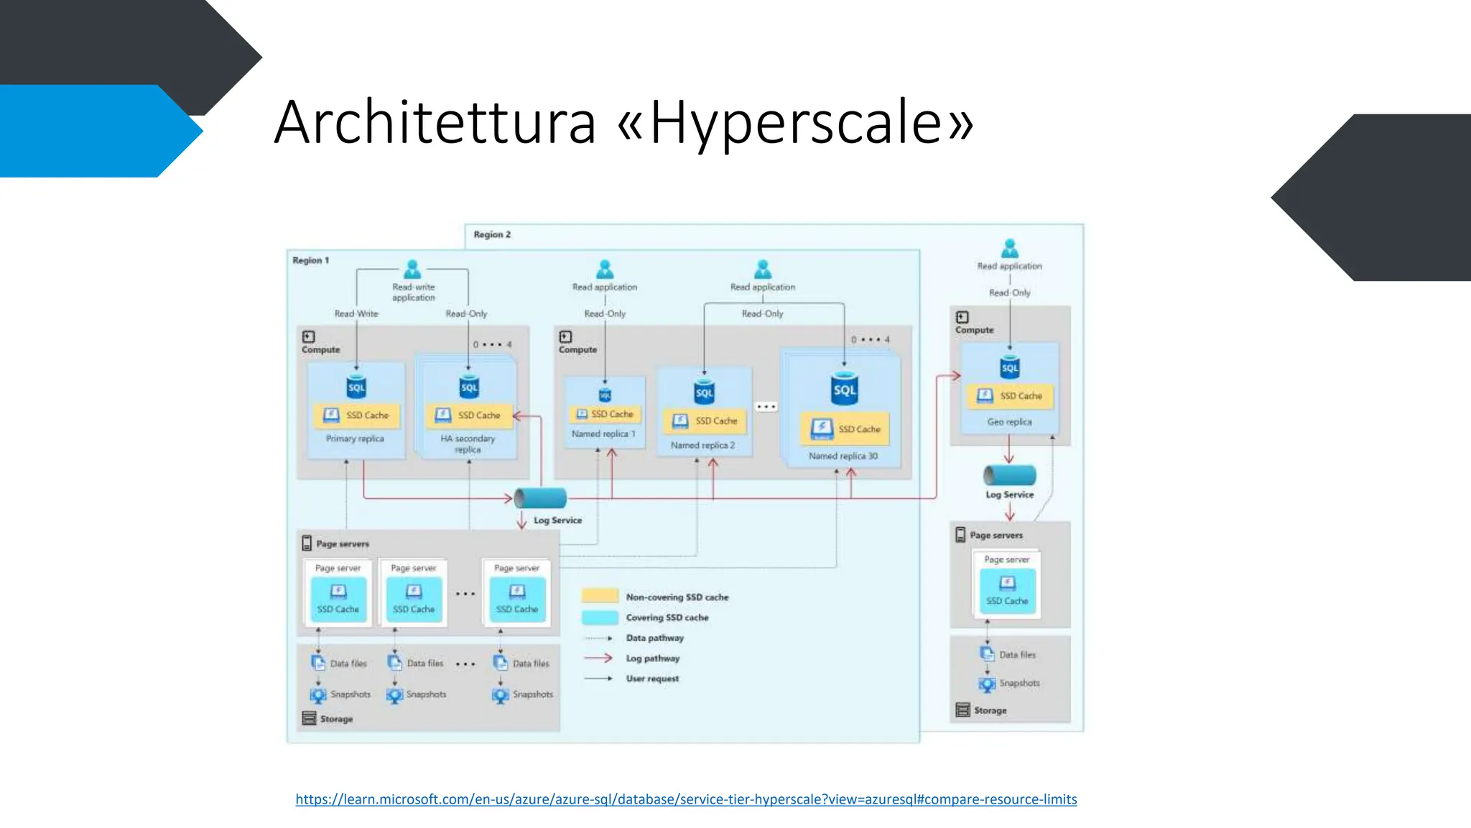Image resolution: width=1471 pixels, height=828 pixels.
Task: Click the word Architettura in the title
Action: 435,123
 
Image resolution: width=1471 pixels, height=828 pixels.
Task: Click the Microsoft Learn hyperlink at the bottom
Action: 686,799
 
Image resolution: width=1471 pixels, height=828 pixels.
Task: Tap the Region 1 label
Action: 310,260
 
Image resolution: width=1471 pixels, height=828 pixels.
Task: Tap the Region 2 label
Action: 492,234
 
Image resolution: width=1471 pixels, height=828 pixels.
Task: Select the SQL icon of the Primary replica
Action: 356,387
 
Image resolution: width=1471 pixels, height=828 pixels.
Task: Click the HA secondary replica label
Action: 468,443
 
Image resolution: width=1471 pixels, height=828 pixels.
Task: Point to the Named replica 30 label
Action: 843,456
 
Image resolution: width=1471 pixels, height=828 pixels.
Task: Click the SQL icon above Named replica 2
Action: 705,392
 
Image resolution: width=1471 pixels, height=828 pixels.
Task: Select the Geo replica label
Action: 1009,422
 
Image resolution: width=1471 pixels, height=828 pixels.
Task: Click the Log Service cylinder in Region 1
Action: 540,497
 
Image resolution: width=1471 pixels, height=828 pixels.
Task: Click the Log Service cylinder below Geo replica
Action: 1009,475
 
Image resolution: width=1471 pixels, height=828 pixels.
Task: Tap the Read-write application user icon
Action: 412,270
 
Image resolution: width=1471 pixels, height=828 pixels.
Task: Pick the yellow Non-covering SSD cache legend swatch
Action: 600,596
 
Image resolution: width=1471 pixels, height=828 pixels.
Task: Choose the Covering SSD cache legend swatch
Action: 600,617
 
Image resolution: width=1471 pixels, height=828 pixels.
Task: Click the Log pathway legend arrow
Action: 598,658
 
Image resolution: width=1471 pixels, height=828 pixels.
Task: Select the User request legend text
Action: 652,678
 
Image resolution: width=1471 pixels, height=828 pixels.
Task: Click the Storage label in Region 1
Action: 336,719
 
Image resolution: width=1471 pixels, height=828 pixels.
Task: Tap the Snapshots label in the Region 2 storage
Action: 1019,683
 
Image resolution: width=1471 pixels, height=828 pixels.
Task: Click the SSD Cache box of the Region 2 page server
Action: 1007,592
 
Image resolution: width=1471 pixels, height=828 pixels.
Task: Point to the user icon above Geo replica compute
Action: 1010,249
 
